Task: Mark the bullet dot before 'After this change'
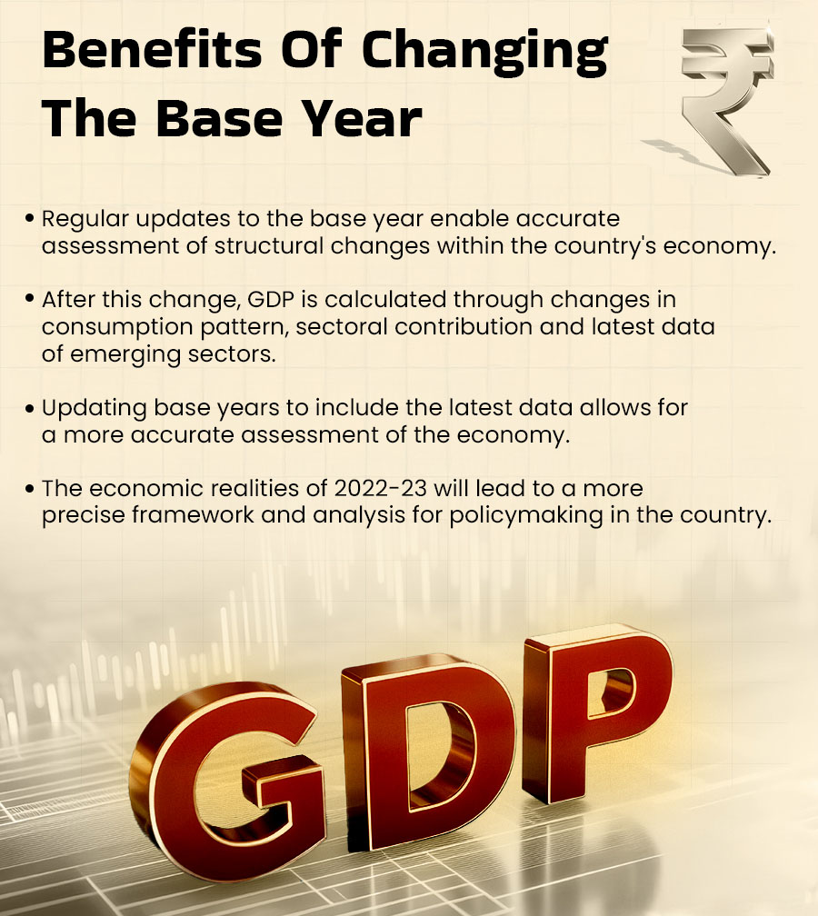pyautogui.click(x=31, y=299)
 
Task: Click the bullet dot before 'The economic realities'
pyautogui.click(x=31, y=488)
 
